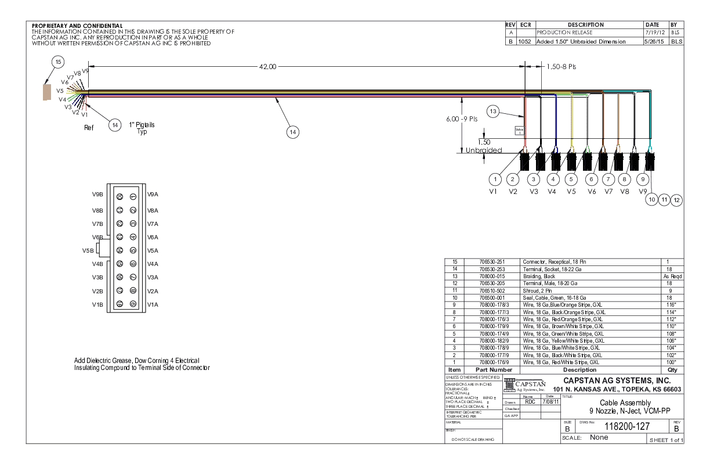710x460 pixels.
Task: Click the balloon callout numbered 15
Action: point(57,62)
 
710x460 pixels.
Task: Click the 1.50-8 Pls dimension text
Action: point(561,66)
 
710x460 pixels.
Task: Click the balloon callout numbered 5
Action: point(572,178)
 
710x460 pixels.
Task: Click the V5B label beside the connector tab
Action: point(89,251)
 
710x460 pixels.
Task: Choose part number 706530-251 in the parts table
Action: point(488,262)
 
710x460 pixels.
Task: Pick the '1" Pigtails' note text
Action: point(142,124)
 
